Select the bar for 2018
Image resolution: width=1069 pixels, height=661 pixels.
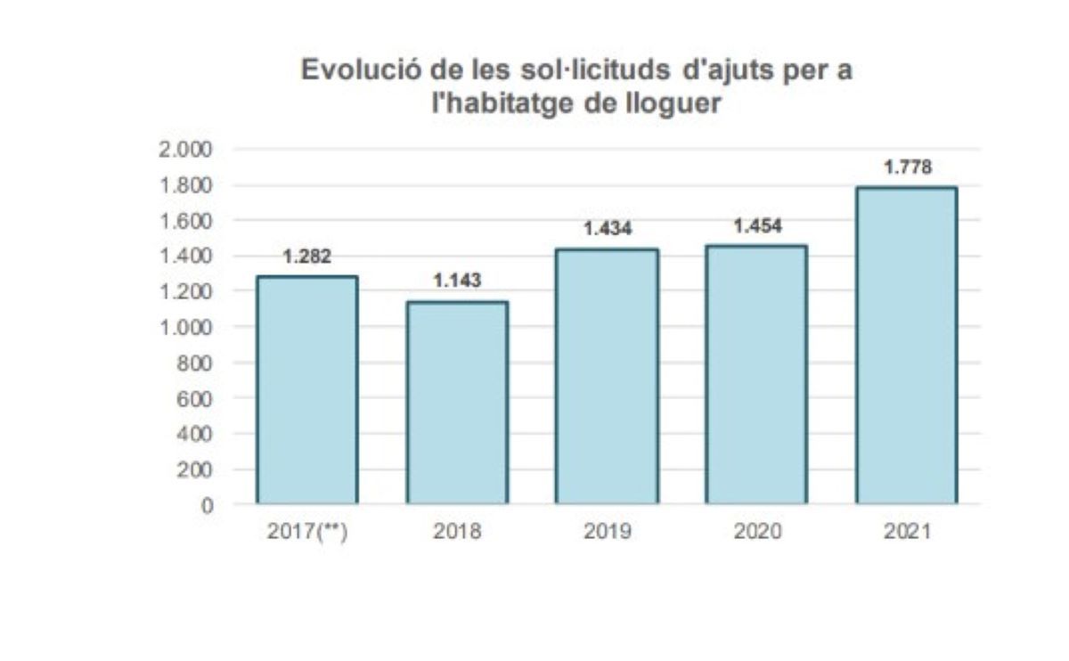click(457, 403)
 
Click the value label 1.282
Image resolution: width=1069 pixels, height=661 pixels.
click(306, 257)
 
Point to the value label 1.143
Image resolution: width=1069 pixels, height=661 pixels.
click(457, 281)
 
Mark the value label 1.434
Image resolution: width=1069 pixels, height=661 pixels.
click(607, 229)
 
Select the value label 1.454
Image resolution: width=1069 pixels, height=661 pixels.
click(756, 226)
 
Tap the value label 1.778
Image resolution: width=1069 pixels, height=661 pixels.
click(907, 167)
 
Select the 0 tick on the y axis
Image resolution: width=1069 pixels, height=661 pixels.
click(207, 505)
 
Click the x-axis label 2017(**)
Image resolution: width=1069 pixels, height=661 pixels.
click(306, 533)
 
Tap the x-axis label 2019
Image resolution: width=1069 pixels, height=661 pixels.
click(607, 533)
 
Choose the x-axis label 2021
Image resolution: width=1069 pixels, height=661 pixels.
click(907, 533)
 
